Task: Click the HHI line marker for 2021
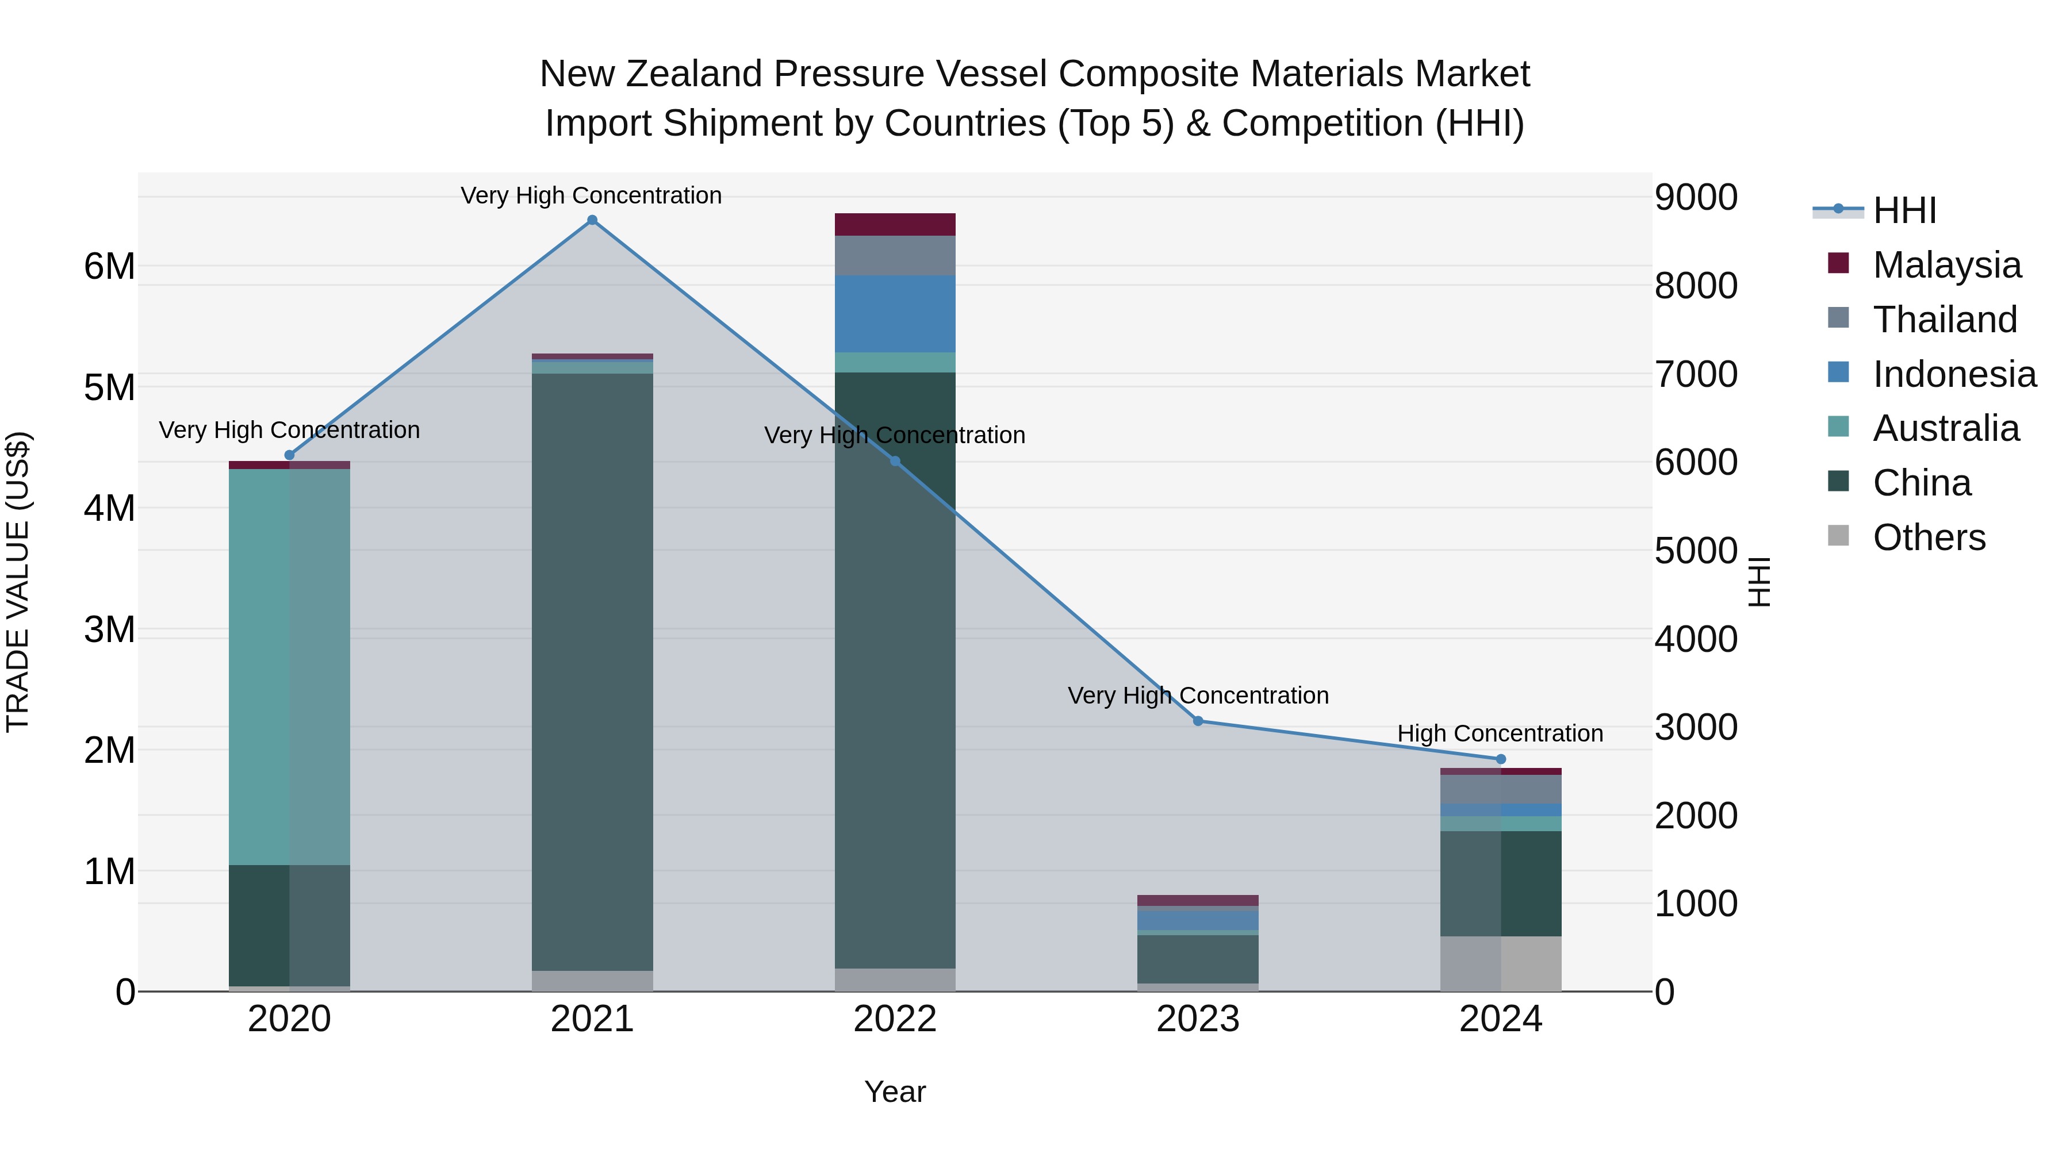592,220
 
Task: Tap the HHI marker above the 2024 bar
1500,759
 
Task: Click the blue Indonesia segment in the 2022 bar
895,313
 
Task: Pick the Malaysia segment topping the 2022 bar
895,224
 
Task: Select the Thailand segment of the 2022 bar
895,255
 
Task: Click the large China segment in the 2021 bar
592,671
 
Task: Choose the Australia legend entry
1945,428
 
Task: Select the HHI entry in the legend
1904,210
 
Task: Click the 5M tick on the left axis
109,387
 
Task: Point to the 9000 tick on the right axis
1696,198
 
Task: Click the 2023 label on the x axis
1197,1019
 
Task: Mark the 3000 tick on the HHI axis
1696,728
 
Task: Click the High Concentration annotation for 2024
1500,733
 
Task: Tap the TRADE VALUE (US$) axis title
18,582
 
